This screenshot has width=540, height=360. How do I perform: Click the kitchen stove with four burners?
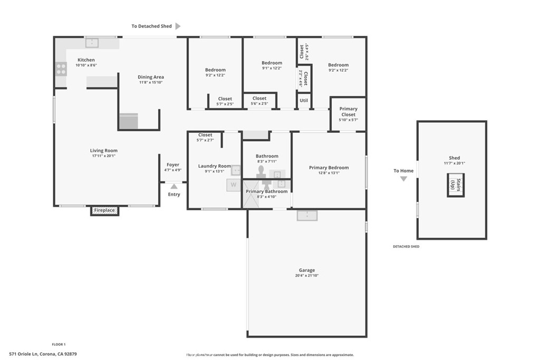point(61,69)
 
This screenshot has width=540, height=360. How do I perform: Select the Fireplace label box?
point(104,210)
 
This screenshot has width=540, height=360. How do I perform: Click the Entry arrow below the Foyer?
point(174,186)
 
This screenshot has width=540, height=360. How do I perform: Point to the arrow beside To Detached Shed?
point(178,26)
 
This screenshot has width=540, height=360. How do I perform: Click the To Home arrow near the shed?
point(403,179)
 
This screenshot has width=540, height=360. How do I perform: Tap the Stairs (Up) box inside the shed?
point(456,185)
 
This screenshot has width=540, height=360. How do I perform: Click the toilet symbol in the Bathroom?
point(261,172)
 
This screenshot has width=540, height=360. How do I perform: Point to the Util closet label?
point(304,100)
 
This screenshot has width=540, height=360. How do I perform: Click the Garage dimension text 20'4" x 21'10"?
point(307,276)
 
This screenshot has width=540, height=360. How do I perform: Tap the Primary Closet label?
point(348,112)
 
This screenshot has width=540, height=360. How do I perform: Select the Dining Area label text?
point(151,77)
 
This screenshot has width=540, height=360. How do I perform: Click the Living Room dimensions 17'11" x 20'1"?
point(103,156)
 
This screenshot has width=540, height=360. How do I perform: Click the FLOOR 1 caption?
point(59,344)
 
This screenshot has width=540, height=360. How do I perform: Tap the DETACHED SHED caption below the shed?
point(406,247)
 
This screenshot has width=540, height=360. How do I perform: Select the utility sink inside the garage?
point(306,215)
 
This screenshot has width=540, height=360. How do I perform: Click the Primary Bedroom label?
point(329,168)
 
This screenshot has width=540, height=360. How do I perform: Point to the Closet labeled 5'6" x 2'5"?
point(259,101)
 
